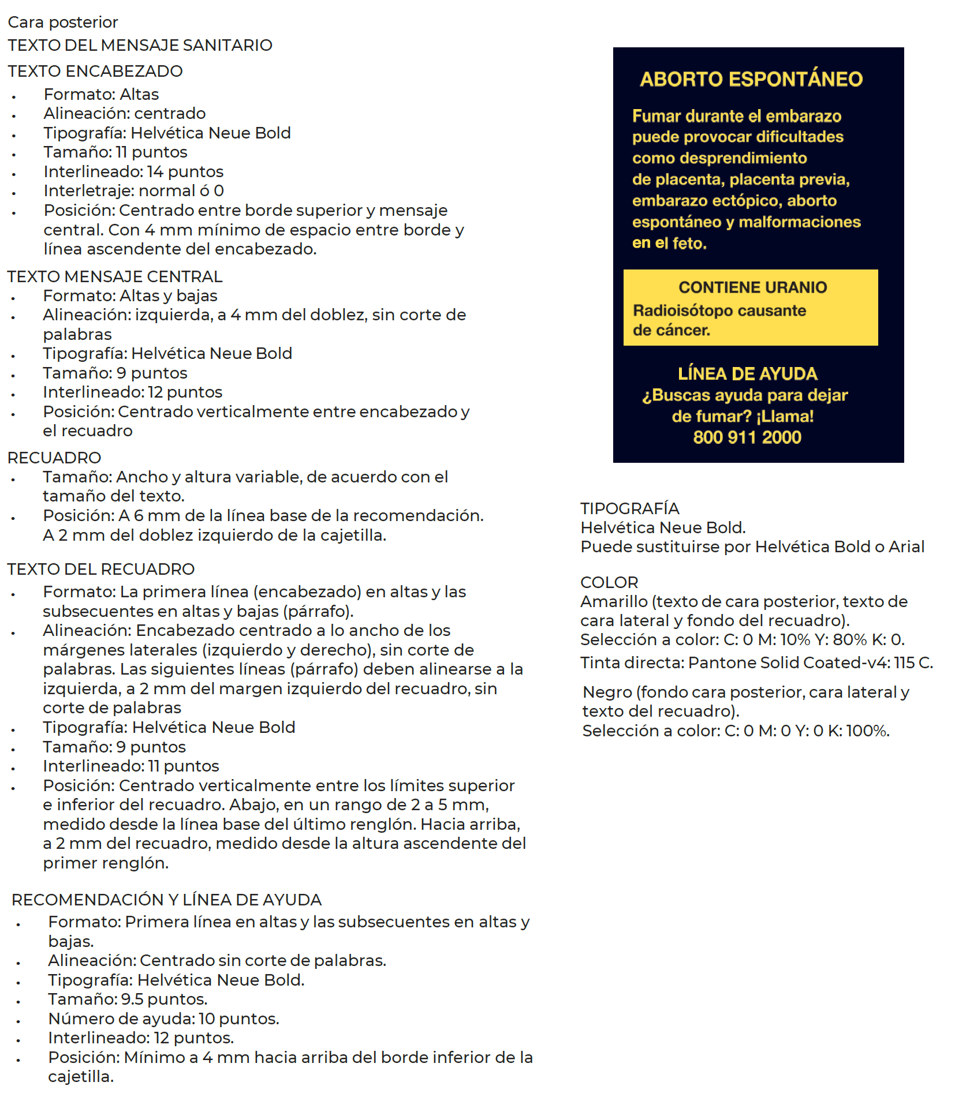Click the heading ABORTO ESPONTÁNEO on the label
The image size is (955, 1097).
click(x=751, y=79)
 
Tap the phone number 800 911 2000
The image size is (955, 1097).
click(x=747, y=437)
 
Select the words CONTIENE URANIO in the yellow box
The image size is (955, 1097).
click(x=752, y=287)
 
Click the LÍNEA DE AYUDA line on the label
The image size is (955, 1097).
click(x=748, y=374)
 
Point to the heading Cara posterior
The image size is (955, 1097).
click(x=62, y=22)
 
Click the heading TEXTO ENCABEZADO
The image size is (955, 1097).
click(x=95, y=71)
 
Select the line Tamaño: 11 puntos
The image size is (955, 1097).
click(x=115, y=152)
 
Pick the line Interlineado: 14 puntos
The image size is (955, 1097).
click(x=133, y=172)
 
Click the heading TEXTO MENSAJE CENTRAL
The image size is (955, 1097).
click(x=114, y=276)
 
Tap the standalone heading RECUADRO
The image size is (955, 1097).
click(x=54, y=458)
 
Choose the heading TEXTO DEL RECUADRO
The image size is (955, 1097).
click(x=100, y=569)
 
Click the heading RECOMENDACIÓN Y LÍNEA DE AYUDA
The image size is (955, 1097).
click(x=166, y=900)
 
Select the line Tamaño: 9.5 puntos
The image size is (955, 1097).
click(x=128, y=999)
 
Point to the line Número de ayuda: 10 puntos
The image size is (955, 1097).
click(x=163, y=1019)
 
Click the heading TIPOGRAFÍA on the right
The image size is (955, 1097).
click(x=629, y=508)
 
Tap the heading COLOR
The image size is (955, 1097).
click(x=609, y=582)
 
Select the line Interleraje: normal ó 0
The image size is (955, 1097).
click(x=133, y=191)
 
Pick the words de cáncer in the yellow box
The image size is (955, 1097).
click(x=671, y=331)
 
